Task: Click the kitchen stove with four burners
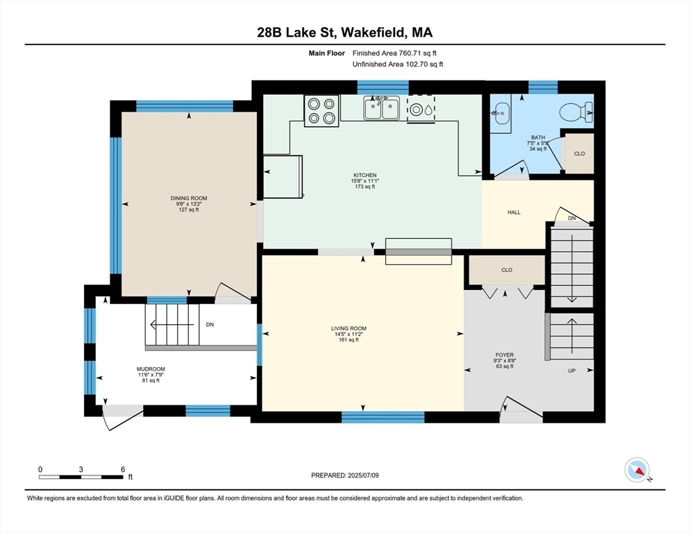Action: [321, 111]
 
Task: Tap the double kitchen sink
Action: [382, 108]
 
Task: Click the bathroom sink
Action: [500, 112]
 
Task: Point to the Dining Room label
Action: [189, 198]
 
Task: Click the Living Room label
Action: [348, 328]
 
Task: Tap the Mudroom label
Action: [151, 369]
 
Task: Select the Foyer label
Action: [504, 355]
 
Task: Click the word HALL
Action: [514, 212]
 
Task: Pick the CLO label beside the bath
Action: [580, 153]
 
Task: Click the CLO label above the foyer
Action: [507, 270]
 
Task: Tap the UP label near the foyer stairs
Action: [571, 371]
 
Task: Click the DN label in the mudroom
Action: [210, 324]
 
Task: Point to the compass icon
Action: [637, 471]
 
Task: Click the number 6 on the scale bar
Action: [123, 469]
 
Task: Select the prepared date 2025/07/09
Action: [363, 475]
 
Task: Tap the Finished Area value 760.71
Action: [410, 53]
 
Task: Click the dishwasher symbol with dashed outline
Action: [421, 109]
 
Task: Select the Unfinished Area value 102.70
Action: [417, 65]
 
